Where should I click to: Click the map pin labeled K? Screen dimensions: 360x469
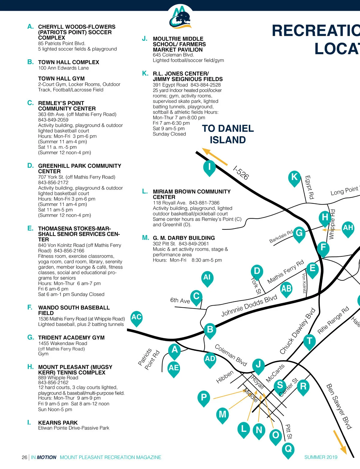[294, 178]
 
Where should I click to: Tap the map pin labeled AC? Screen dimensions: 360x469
[136, 318]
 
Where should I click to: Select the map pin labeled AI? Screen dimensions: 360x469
[207, 279]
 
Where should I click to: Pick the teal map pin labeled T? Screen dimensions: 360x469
[309, 342]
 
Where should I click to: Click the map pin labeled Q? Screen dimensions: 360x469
[288, 450]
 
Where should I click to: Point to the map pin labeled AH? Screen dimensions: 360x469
[348, 229]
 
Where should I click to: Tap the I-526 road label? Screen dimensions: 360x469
[241, 173]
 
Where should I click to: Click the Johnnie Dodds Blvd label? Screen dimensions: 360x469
[249, 305]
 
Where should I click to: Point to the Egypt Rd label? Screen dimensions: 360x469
[309, 187]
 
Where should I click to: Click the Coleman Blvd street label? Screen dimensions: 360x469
[231, 355]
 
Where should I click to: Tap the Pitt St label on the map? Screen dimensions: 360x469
[289, 432]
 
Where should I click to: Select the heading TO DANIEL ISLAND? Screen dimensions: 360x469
[228, 134]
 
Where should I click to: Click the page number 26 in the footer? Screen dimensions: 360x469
[24, 457]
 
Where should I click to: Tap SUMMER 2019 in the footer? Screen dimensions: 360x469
[321, 457]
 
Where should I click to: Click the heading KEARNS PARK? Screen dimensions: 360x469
[58, 423]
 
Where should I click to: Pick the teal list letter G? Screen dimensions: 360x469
[30, 337]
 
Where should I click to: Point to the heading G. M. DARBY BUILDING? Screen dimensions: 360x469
[184, 238]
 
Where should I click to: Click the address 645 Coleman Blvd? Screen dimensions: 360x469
[173, 55]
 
